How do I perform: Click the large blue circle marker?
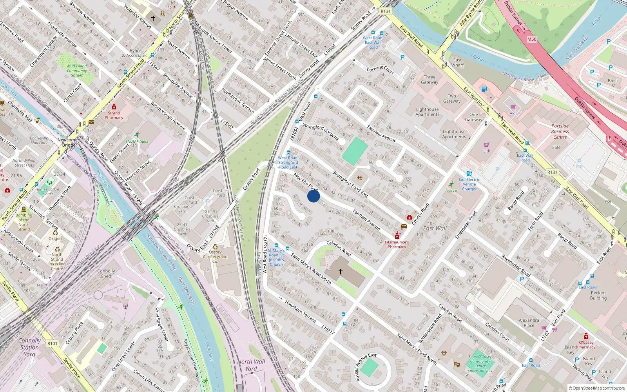313,196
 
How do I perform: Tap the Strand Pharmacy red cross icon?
114,107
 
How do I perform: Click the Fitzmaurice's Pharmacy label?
397,245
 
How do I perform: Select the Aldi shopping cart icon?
513,107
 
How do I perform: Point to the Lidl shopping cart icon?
486,145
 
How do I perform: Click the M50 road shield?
531,39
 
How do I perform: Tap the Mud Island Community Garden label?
77,71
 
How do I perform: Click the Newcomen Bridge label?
69,142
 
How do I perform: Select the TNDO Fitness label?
137,141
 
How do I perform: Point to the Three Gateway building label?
429,80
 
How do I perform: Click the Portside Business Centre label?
560,131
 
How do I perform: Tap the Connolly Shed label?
106,274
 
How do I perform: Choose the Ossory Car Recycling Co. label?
215,257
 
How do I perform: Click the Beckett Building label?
598,296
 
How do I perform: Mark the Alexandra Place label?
529,323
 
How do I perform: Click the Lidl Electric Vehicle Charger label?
469,184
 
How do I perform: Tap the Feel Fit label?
451,191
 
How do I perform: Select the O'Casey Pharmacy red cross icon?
586,336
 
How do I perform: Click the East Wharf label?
457,62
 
